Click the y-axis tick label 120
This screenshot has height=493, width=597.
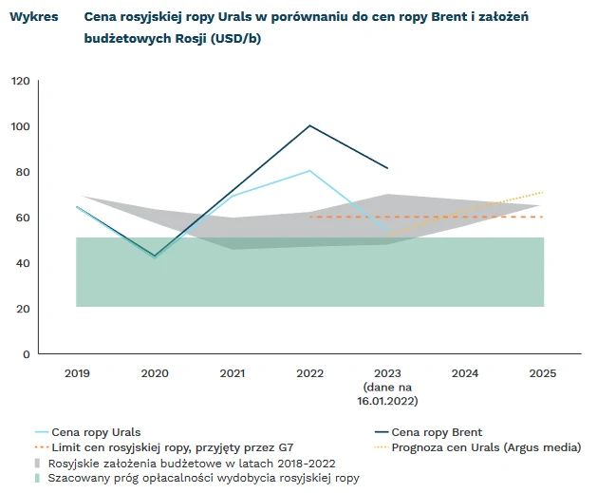pos(21,81)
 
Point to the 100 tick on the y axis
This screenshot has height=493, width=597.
pos(21,126)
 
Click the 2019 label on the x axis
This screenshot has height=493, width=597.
pos(77,373)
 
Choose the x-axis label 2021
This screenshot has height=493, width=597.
pos(232,373)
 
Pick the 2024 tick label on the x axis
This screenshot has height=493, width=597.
pos(465,373)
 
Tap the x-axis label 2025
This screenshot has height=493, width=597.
pos(543,373)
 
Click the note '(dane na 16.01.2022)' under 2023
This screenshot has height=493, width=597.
pos(387,394)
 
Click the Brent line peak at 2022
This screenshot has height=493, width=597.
pos(309,125)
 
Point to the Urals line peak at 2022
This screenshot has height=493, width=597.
pos(309,171)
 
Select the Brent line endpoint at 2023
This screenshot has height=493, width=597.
pos(387,168)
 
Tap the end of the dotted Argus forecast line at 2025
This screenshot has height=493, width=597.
pos(543,192)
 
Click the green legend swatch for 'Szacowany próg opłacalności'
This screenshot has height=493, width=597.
pos(38,478)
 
